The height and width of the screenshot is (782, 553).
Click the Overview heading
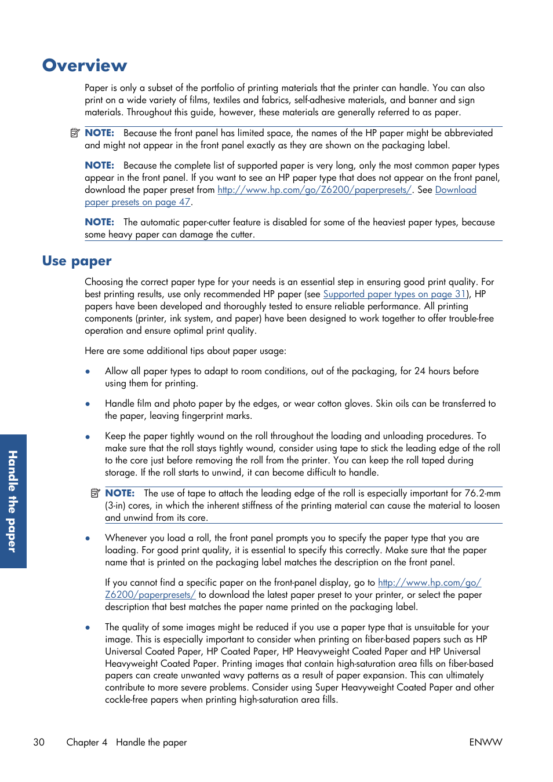85,65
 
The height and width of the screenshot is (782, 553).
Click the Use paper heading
77,261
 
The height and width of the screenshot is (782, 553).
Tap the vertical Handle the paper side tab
13,501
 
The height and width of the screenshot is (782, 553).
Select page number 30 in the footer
39,742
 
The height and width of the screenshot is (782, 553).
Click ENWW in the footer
485,742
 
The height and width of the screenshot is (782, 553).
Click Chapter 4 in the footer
86,742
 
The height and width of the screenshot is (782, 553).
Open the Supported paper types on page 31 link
394,294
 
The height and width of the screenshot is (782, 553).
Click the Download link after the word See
456,189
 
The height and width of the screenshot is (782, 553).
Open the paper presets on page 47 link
137,202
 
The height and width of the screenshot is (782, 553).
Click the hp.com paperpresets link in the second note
314,189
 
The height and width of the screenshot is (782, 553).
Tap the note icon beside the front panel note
75,133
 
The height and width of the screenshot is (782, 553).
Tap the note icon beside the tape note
95,493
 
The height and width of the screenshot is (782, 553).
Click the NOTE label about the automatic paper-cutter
99,222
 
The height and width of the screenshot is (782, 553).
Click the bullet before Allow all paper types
88,371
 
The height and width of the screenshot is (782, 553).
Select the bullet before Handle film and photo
88,404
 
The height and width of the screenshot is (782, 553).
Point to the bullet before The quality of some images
88,627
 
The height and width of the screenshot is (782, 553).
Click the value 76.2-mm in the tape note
482,493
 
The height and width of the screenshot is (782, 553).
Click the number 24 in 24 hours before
420,371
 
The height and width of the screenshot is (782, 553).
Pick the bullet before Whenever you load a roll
88,538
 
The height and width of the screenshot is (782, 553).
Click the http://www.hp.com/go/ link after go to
429,582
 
